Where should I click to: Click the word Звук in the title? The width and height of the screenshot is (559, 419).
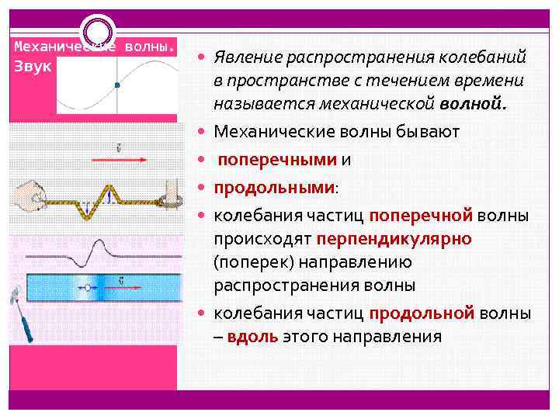pos(33,66)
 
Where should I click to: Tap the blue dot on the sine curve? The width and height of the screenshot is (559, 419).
pos(116,84)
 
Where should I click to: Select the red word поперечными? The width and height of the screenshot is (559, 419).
pos(277,160)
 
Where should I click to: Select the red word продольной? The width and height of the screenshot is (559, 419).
pos(422,313)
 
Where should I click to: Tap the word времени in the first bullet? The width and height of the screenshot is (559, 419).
pos(491,80)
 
